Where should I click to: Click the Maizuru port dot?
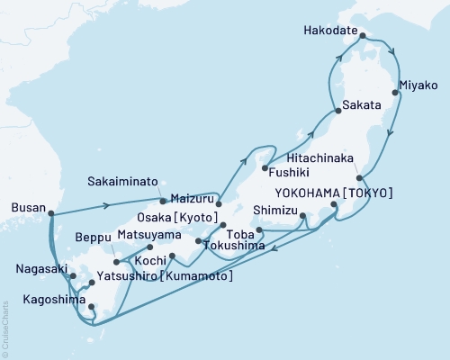218,203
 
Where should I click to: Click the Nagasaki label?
41,268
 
